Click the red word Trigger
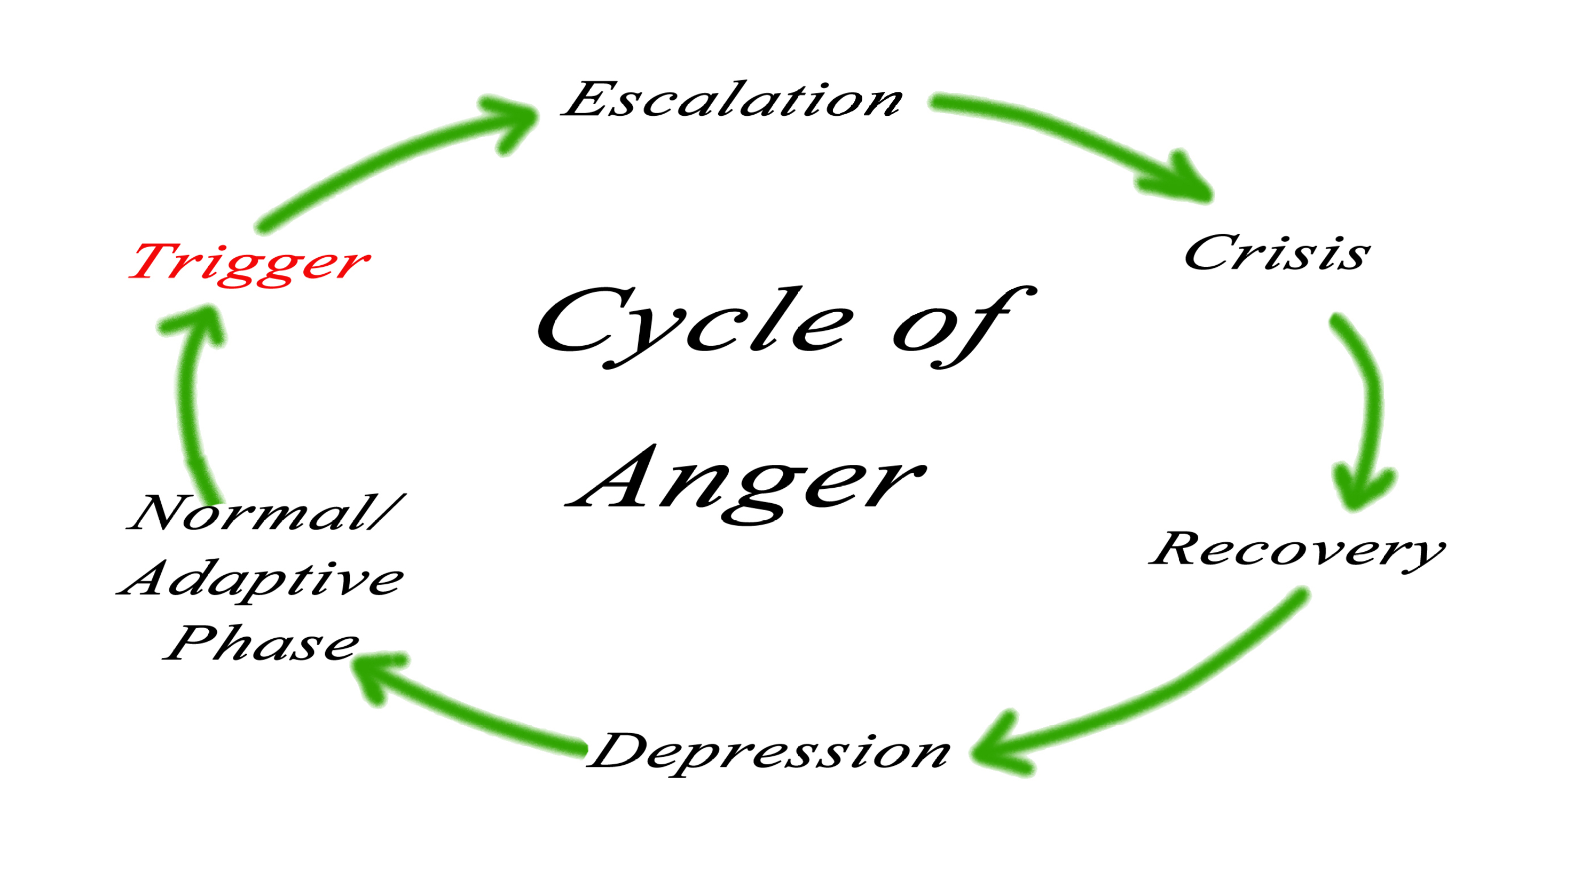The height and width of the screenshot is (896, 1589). click(249, 263)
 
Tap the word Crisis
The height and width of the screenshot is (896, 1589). click(1277, 253)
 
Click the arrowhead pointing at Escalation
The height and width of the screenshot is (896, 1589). click(515, 120)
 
